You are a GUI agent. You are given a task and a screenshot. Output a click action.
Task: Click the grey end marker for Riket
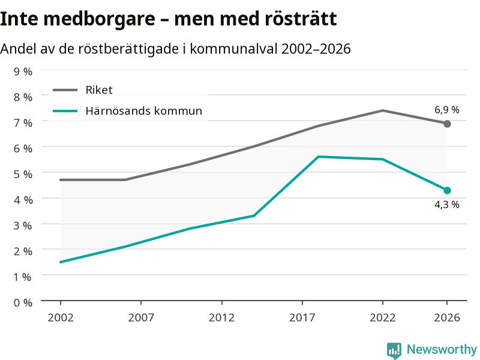(447, 124)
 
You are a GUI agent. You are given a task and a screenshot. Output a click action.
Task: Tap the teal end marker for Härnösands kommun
(447, 190)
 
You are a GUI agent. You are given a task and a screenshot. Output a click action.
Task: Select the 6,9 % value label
(447, 110)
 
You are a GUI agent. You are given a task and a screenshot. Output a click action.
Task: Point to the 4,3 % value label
(447, 205)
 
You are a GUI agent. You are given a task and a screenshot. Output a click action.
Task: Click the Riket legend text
(99, 90)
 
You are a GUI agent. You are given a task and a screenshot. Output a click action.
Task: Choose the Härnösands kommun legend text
(144, 110)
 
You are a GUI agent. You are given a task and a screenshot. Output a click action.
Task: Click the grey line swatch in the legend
(65, 90)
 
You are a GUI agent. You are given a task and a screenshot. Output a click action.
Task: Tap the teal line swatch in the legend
(65, 111)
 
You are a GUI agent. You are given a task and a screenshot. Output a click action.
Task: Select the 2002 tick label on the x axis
(61, 318)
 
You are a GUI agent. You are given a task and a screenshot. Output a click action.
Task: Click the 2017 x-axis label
(302, 318)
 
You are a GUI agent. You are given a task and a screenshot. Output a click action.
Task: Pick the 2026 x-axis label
(447, 318)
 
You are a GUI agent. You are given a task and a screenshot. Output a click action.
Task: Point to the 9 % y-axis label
(23, 71)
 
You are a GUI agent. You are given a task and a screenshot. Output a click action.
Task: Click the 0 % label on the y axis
(23, 303)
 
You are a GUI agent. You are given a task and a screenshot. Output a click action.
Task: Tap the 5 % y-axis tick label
(23, 174)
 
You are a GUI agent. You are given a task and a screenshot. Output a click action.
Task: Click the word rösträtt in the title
(301, 19)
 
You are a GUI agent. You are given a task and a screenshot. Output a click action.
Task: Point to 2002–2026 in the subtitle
(316, 49)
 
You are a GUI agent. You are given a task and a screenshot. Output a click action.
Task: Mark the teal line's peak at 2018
(319, 157)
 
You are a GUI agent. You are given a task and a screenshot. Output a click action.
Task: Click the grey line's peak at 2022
(383, 110)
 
